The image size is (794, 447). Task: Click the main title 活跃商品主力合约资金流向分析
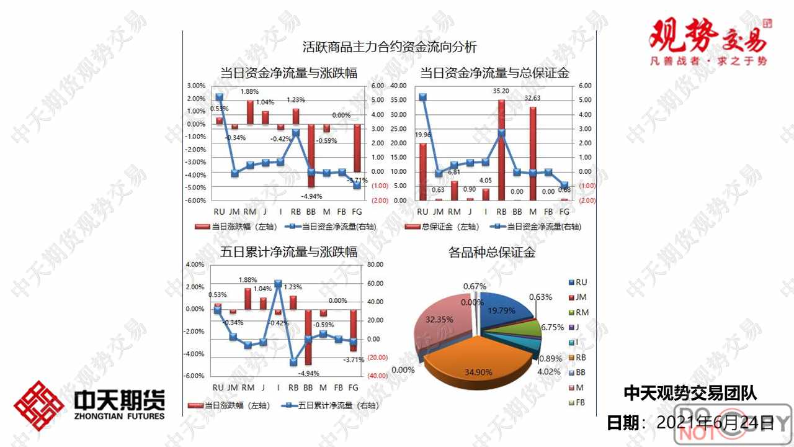coord(389,47)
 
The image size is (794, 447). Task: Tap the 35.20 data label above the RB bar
coord(501,91)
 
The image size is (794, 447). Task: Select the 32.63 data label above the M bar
coord(532,98)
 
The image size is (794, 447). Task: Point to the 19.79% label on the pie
coord(502,310)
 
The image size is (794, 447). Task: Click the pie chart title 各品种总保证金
coord(491,253)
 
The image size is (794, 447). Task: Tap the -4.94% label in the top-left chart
coord(310,196)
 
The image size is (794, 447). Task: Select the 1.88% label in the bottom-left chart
coord(248,280)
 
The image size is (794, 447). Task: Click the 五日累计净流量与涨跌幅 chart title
coord(288,252)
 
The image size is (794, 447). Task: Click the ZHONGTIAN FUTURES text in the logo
coord(119,415)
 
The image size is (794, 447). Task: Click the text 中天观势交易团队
coord(690,393)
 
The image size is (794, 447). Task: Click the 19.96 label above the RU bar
coord(423,135)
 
